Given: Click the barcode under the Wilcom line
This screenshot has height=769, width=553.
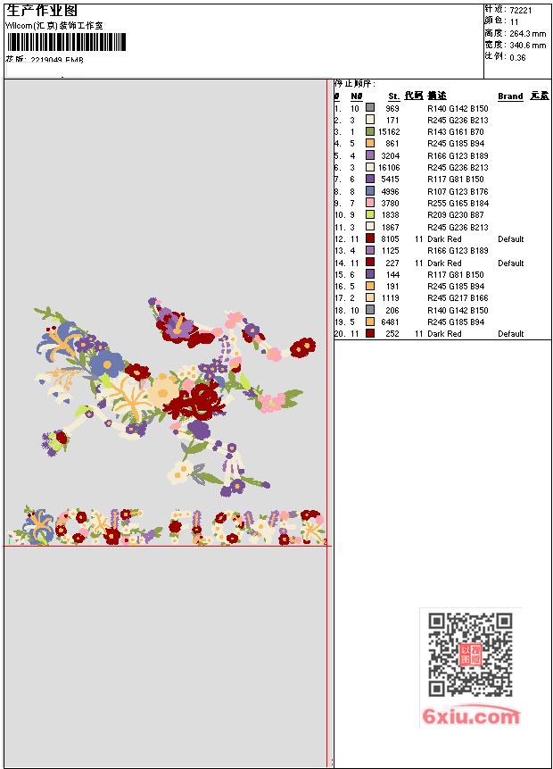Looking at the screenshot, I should (67, 42).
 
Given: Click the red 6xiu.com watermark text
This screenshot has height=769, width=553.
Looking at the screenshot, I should (471, 716).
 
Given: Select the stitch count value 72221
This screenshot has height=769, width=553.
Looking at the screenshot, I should (522, 8).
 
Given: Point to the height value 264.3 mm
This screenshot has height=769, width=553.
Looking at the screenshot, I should (528, 33).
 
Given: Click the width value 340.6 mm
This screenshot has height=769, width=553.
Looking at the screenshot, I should (528, 45).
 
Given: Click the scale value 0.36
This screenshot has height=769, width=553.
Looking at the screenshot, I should (518, 57).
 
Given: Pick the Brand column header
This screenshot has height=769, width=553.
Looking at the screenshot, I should (510, 96).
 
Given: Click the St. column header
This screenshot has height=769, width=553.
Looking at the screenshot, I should (393, 96).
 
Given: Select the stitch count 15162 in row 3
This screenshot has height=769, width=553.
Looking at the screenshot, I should (389, 131).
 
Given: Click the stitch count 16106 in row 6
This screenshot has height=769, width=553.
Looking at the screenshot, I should (389, 167).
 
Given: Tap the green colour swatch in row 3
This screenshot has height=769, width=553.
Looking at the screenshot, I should (370, 131).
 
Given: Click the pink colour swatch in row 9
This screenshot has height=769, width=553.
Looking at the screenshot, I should (370, 203).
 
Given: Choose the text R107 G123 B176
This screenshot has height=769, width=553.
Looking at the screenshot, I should (458, 191).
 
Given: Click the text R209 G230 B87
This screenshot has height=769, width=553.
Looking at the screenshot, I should (456, 215).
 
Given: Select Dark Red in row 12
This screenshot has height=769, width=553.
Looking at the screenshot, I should (444, 239).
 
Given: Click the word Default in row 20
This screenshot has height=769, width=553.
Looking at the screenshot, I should (511, 334).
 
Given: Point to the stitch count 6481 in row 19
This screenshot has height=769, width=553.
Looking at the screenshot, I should (391, 322).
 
